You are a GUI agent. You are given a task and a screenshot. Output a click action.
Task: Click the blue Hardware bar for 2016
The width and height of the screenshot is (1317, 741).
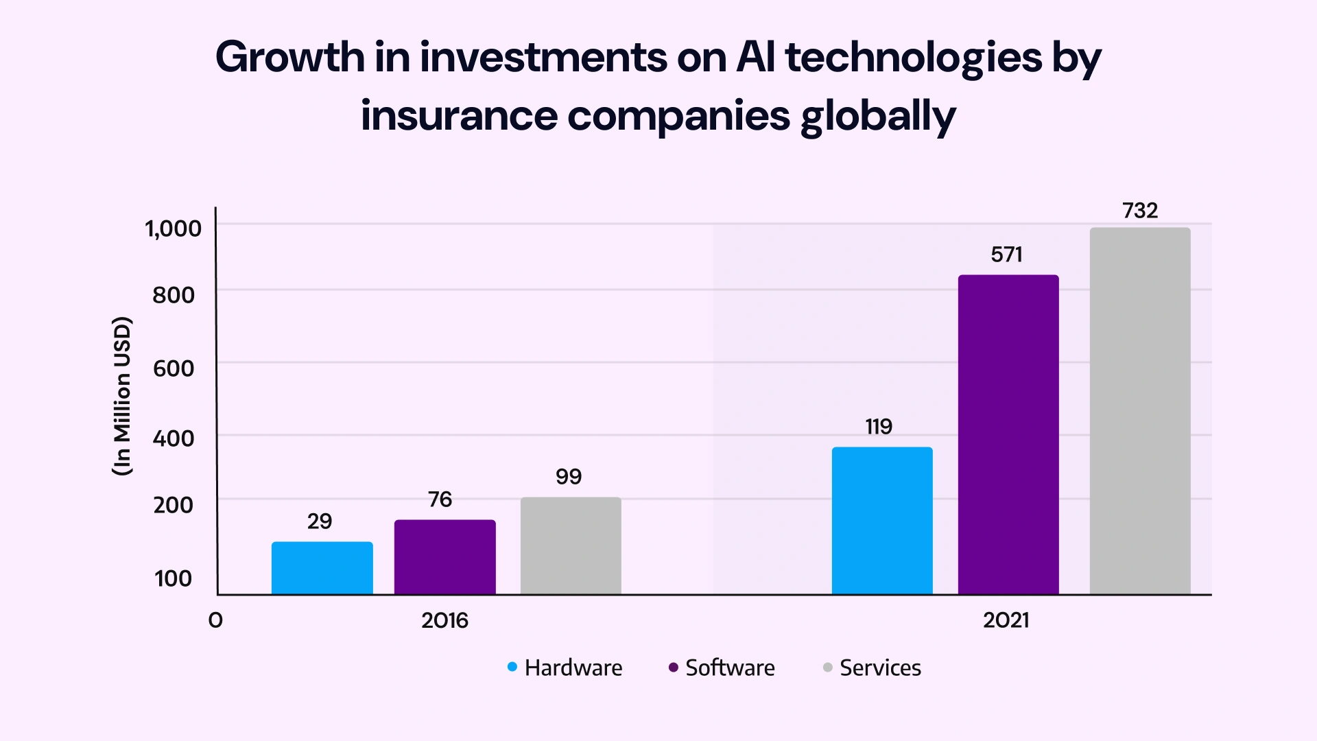[x=322, y=568]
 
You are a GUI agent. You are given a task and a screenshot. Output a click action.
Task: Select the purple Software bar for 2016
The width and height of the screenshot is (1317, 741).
[x=444, y=556]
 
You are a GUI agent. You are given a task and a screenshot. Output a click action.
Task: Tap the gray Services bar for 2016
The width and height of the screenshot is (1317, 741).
[x=571, y=545]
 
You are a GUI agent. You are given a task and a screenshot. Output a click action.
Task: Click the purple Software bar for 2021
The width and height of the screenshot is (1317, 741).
[x=1008, y=434]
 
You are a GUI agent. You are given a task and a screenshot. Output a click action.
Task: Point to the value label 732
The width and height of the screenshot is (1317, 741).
[x=1140, y=211]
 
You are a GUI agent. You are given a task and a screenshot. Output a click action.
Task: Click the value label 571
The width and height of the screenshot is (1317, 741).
[x=1006, y=255]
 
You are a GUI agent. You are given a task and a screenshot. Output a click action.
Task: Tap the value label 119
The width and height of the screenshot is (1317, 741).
[x=879, y=427]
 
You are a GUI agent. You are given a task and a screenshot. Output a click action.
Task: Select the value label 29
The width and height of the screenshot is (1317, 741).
[x=320, y=521]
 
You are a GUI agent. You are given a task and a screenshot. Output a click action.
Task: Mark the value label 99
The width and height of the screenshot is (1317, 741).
[x=569, y=477]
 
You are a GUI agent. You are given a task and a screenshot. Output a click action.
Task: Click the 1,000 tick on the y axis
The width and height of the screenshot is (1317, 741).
[x=174, y=228]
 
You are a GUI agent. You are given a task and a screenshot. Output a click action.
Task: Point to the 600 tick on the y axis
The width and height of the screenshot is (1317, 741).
[x=174, y=368]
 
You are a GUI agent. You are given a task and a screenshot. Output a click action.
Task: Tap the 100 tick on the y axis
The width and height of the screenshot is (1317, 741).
[x=174, y=578]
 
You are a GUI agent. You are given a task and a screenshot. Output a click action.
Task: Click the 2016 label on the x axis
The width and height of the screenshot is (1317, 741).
[x=444, y=621]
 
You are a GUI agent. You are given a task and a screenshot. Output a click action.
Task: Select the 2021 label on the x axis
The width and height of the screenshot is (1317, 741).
[x=1006, y=621]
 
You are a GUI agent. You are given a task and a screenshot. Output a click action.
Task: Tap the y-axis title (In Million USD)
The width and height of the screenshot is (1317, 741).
[x=121, y=397]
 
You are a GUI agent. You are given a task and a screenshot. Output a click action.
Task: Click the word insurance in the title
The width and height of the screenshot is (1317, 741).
[x=458, y=115]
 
